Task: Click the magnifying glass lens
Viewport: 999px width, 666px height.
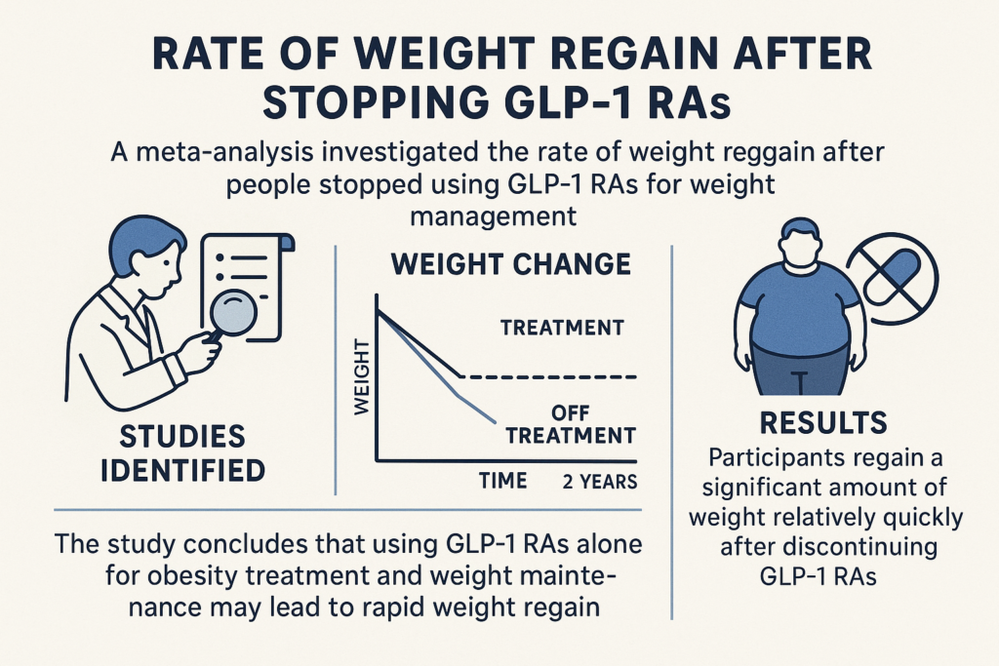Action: [x=233, y=312]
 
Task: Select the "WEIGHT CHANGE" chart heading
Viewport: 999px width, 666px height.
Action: [x=511, y=264]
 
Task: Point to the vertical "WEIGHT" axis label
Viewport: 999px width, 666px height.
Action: [x=362, y=377]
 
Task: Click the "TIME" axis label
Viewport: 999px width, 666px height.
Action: [x=503, y=480]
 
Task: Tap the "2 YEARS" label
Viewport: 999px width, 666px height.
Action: [x=600, y=482]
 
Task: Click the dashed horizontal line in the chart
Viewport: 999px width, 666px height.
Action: [x=549, y=377]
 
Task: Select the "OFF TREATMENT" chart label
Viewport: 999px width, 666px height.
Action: [x=571, y=425]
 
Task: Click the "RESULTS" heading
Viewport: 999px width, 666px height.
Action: [x=823, y=423]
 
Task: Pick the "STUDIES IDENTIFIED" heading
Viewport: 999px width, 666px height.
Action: [x=182, y=454]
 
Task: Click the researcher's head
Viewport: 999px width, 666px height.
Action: [x=148, y=255]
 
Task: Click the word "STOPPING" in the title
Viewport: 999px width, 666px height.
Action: [x=368, y=102]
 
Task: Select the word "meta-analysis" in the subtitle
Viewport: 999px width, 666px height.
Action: [x=213, y=153]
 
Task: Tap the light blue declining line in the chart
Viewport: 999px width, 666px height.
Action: [x=437, y=367]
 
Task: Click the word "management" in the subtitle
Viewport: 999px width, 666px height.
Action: [x=493, y=216]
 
